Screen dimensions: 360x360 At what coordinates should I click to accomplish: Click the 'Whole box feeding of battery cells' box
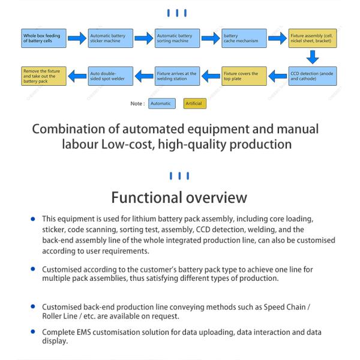coord(44,38)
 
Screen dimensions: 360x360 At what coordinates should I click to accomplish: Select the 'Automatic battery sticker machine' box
coord(110,38)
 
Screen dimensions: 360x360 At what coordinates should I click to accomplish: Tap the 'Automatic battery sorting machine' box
coord(177,38)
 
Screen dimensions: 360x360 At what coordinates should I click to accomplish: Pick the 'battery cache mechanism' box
coord(244,38)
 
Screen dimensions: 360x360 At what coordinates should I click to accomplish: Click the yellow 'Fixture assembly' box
coord(313,38)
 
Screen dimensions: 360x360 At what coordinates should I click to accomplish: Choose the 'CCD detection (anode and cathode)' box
coord(313,76)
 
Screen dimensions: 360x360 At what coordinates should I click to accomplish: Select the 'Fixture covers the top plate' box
coord(244,76)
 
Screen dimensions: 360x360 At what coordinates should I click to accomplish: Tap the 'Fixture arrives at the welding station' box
coord(177,76)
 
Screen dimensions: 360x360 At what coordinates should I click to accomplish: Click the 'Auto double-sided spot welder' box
coord(110,76)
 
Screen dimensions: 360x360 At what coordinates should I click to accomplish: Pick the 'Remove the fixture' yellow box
coord(44,76)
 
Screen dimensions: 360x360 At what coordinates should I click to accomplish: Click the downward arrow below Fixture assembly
coord(313,57)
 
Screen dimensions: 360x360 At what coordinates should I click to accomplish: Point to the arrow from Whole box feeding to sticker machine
coord(77,38)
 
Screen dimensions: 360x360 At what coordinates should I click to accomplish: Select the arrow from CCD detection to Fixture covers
coord(278,76)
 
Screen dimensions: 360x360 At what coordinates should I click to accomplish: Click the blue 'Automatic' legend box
coord(162,104)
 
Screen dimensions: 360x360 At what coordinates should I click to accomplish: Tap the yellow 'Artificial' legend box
coord(194,104)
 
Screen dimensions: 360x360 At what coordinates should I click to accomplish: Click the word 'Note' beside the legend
coord(136,104)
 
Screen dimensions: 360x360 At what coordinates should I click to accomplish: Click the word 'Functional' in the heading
coord(146,197)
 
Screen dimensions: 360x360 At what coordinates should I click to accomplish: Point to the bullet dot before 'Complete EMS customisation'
coord(33,332)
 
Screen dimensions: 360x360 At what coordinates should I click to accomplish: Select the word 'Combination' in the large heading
coord(68,129)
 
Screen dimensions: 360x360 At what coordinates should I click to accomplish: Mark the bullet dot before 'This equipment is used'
coord(33,219)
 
